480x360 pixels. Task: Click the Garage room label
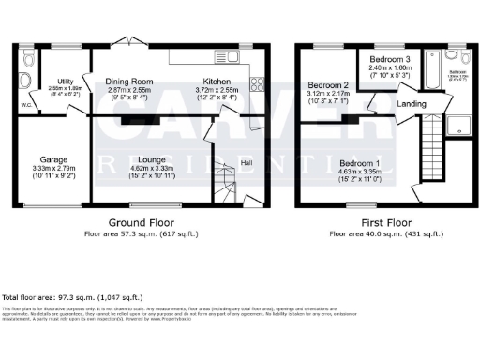(x=52, y=159)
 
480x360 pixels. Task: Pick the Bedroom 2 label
(x=328, y=85)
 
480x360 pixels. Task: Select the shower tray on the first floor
(x=460, y=127)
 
